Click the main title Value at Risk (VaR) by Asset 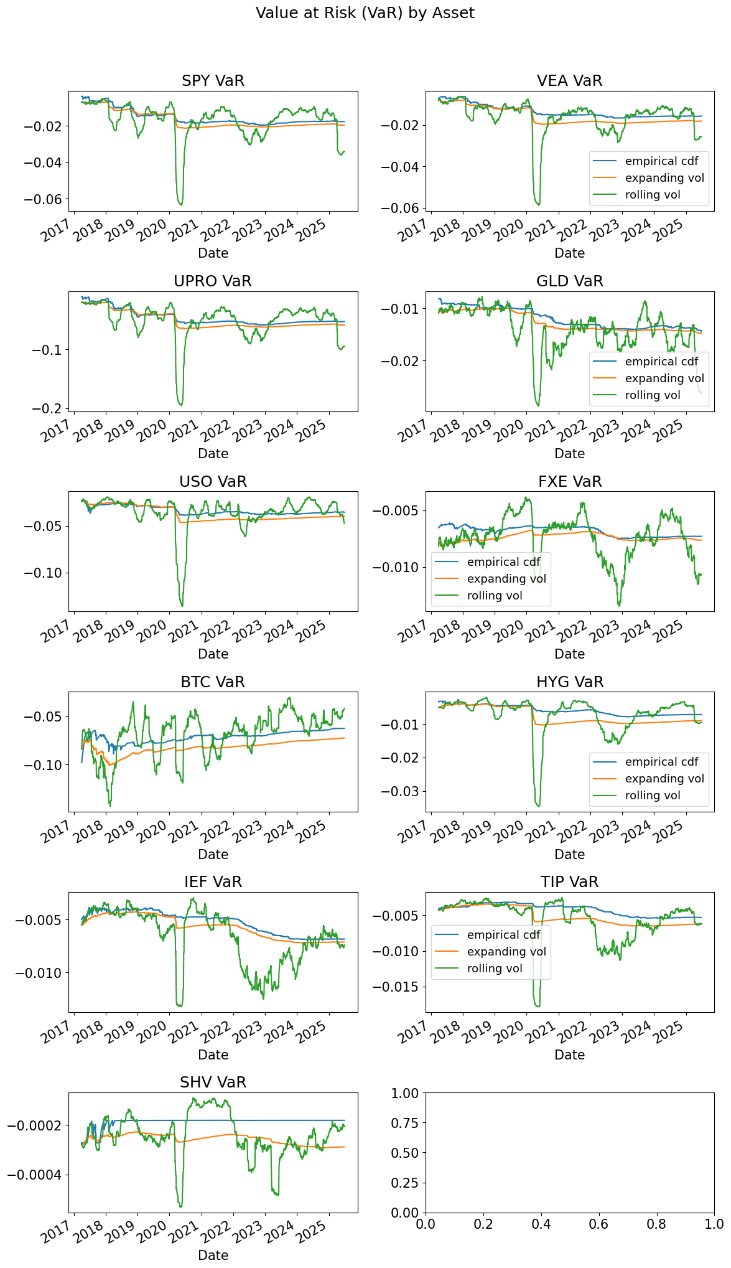click(365, 13)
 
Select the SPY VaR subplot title click(213, 81)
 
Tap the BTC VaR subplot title click(213, 682)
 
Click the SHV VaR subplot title click(213, 1082)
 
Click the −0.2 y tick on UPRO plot click(50, 408)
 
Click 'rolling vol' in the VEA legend click(653, 195)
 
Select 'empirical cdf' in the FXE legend click(503, 562)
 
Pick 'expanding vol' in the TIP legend click(506, 952)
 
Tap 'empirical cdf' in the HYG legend click(661, 762)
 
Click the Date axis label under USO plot click(213, 654)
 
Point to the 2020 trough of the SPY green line click(181, 205)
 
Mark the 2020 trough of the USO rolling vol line click(182, 606)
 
